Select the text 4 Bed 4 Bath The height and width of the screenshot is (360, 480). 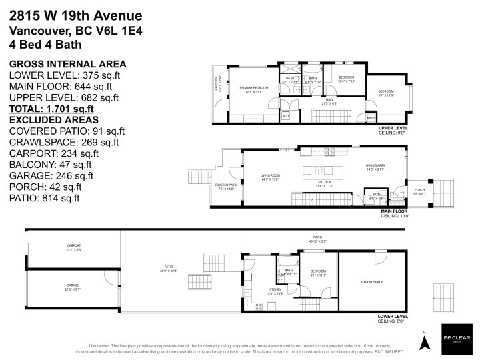45,44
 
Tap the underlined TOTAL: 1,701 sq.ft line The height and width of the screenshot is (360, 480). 51,108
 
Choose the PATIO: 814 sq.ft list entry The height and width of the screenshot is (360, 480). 45,198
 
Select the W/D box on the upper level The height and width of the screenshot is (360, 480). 285,115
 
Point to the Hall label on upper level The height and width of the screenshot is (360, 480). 329,101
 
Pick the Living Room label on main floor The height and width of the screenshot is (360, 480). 270,177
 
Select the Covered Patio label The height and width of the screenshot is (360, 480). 227,187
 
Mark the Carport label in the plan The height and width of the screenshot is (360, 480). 65,247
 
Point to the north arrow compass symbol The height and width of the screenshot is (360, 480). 423,341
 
